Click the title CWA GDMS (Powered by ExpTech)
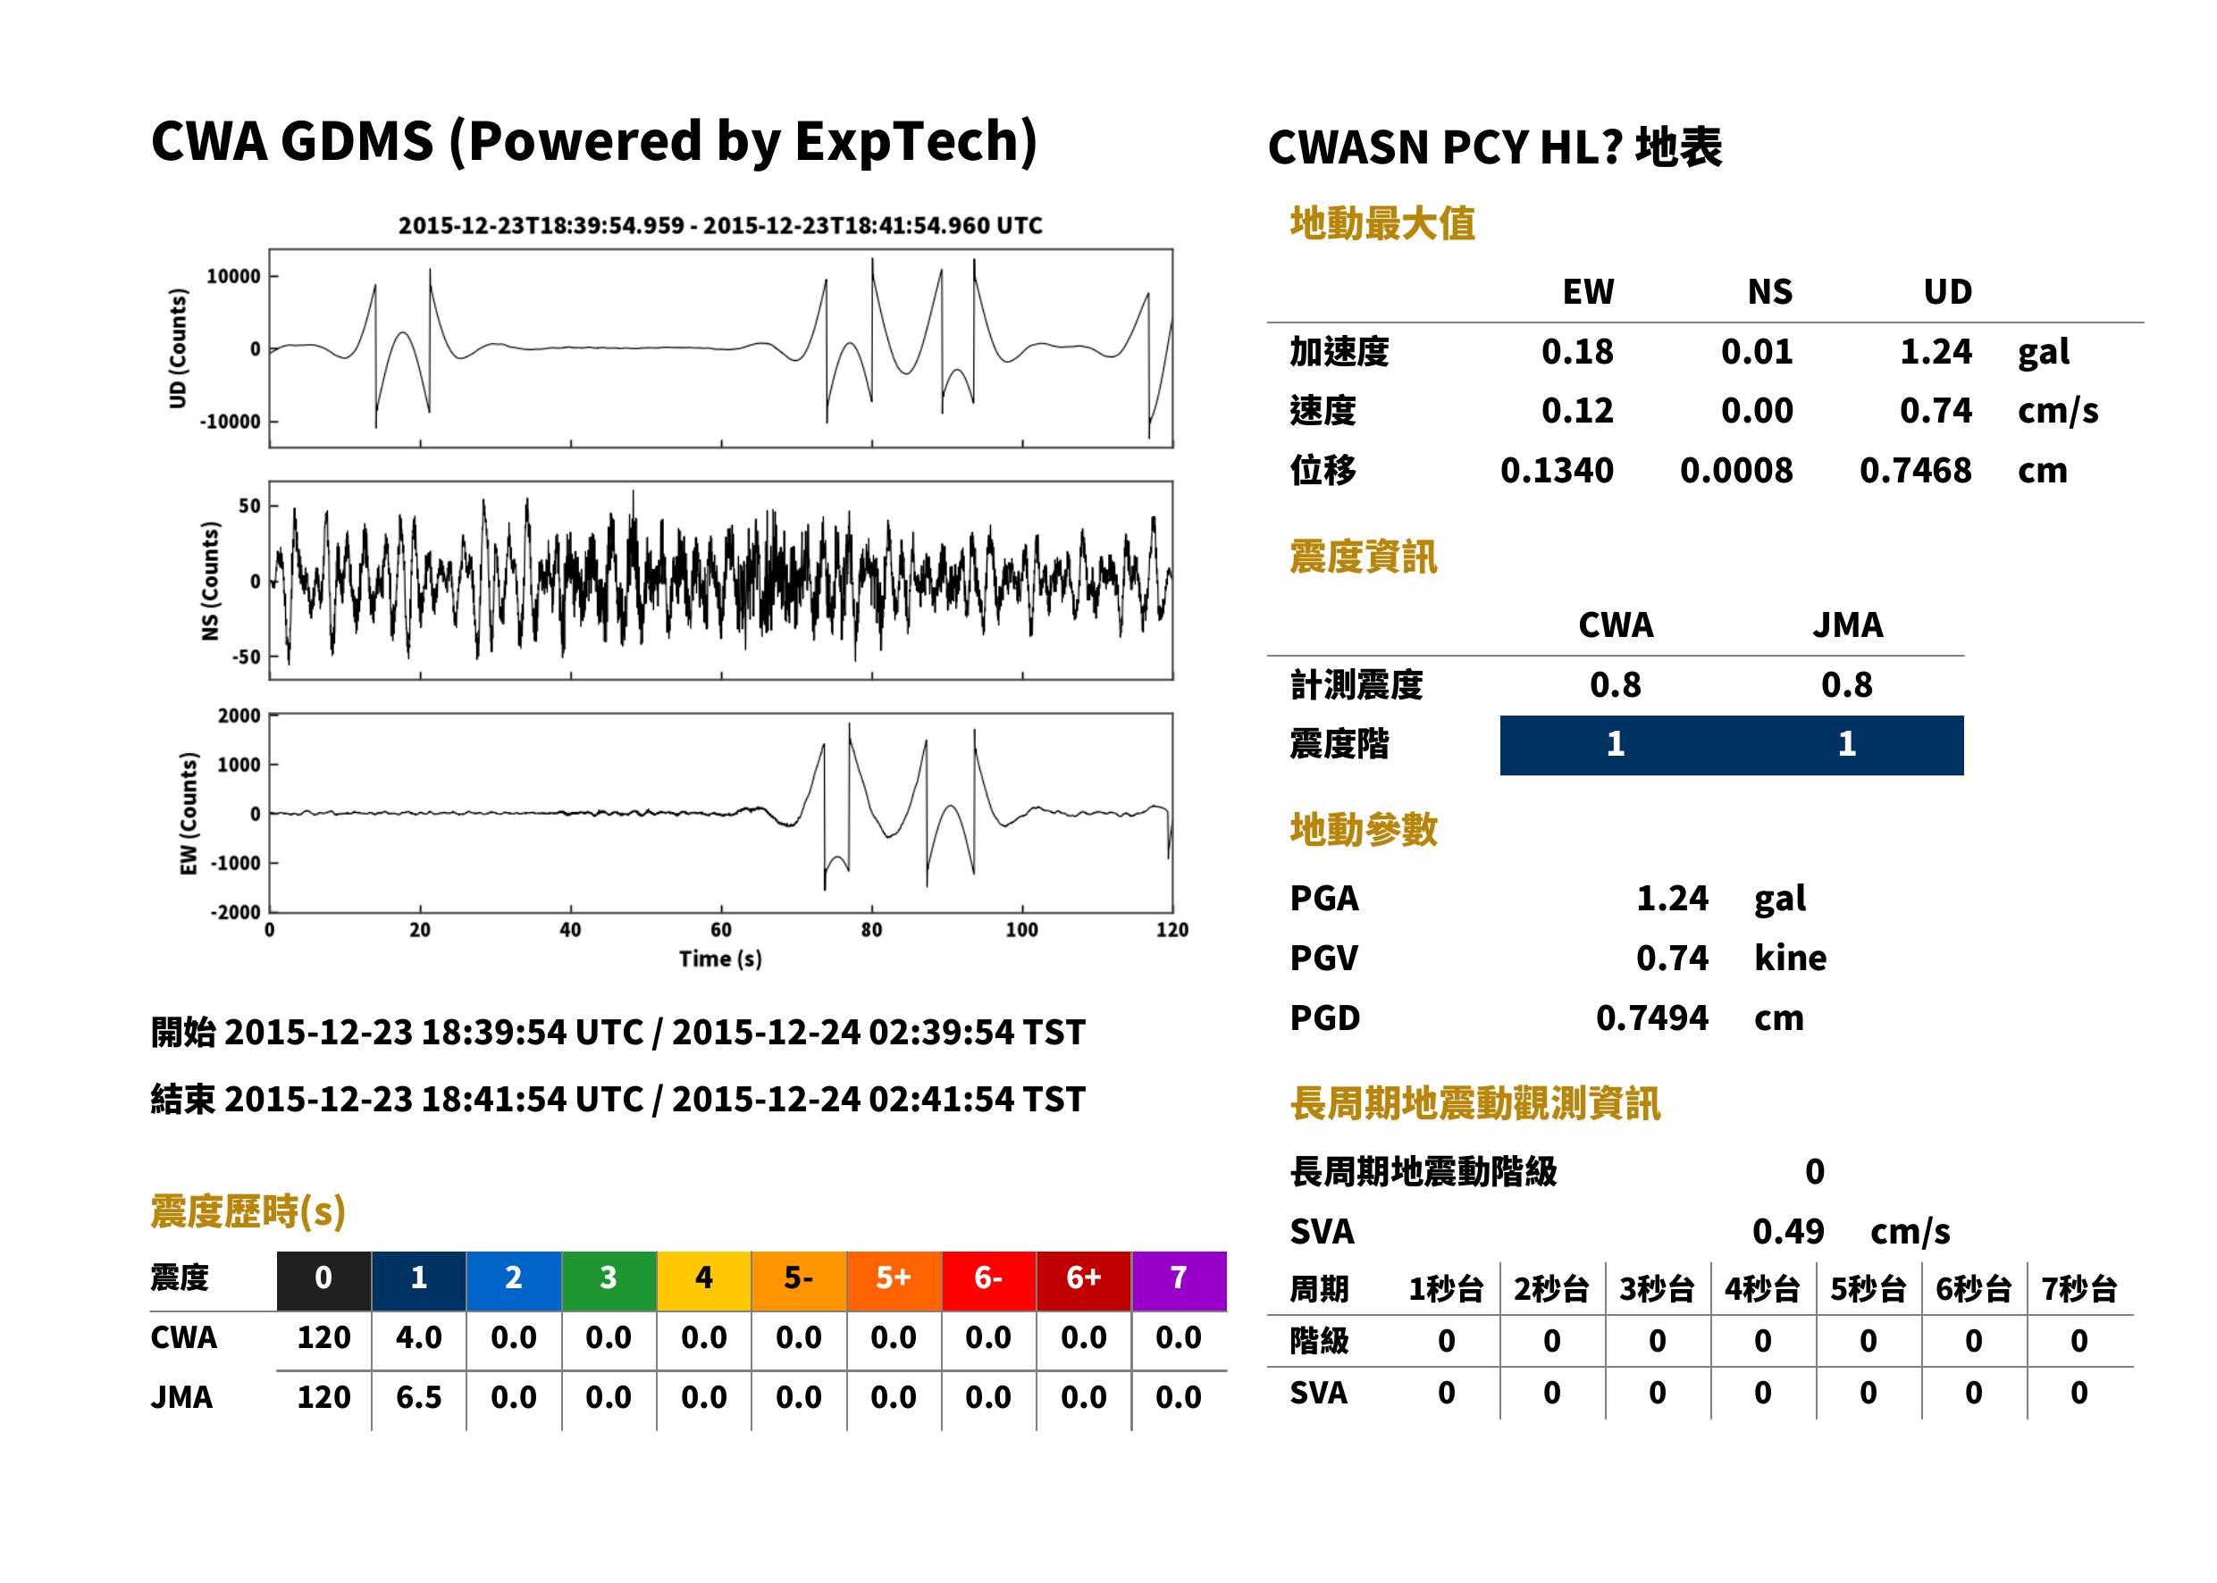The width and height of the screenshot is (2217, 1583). [593, 141]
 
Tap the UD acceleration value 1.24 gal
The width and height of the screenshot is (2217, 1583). [1936, 352]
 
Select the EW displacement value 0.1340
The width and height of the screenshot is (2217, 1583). [1557, 471]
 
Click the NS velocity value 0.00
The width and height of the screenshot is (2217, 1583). [1757, 411]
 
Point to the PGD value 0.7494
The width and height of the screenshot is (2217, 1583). [1651, 1018]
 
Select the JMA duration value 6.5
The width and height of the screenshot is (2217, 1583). [418, 1398]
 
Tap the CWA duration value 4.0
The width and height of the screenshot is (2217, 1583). [418, 1337]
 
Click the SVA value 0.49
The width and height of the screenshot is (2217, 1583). [1788, 1231]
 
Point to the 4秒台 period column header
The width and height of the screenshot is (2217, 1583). [1761, 1290]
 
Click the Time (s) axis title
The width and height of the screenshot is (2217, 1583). [720, 959]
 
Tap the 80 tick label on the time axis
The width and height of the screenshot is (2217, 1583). [871, 930]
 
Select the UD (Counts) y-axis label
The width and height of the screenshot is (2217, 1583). [178, 349]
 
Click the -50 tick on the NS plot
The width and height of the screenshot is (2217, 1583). [246, 657]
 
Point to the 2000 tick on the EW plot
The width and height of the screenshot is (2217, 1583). [239, 716]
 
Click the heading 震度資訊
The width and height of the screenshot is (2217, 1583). [1363, 557]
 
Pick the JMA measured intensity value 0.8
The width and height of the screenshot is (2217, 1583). [1846, 685]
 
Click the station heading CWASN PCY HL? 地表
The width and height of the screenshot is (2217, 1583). [1495, 148]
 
